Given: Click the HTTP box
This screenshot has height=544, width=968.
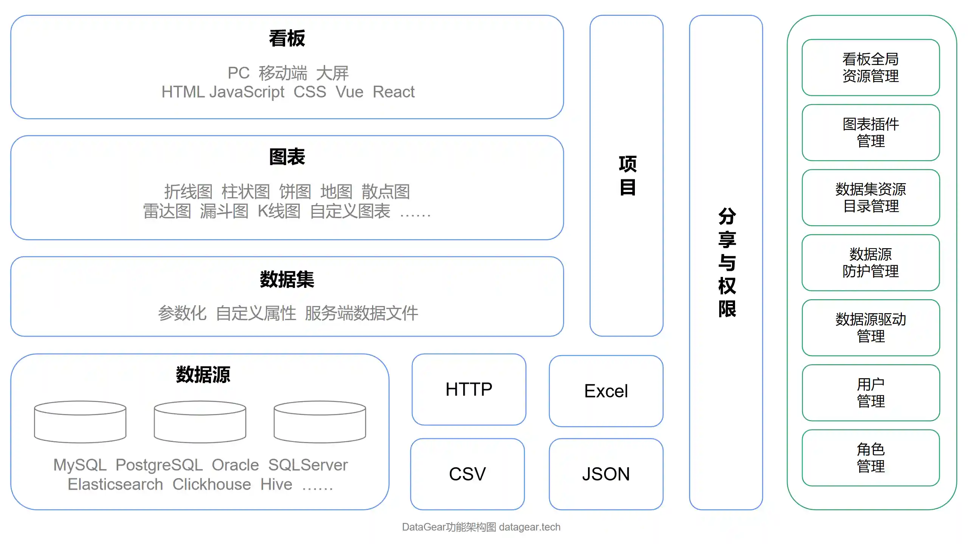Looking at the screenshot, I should point(468,389).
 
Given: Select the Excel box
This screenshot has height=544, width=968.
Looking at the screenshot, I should point(606,391).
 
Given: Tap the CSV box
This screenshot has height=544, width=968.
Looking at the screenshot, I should point(467,474).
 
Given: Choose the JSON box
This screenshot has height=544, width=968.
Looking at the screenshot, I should point(606,474).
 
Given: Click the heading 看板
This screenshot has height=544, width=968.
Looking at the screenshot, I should point(287,39).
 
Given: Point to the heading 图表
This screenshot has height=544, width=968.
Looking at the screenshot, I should point(287,157).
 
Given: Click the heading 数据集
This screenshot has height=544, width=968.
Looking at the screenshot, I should point(287,280).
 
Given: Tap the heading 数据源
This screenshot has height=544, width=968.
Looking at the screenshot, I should point(203,375).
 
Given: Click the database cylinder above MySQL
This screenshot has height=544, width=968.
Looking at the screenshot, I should point(80,422).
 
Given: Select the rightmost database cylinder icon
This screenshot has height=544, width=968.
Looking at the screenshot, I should point(320,422).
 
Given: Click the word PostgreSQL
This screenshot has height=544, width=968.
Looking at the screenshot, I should point(159,465).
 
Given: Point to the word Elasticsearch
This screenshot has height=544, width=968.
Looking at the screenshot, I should point(115,484).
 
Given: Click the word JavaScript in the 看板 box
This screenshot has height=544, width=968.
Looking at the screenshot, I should point(247,92).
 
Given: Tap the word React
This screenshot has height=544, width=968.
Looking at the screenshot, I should point(393,92).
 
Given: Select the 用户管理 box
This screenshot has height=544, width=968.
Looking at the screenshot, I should point(870,393).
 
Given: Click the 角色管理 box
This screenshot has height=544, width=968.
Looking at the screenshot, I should point(870,457).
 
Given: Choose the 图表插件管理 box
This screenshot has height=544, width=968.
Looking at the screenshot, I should point(870,133).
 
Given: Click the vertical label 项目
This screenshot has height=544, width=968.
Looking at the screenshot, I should point(627,176).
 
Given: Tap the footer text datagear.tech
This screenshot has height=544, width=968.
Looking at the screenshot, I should point(529,527).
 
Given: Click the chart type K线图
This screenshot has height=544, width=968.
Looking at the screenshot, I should point(279,211).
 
